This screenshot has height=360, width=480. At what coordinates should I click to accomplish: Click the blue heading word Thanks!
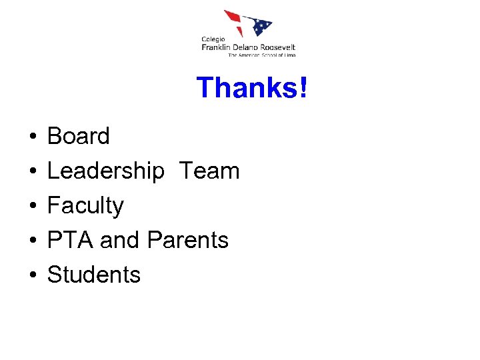click(253, 88)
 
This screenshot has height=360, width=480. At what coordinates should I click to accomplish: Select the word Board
click(79, 136)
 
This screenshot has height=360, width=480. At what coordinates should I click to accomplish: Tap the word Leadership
click(105, 171)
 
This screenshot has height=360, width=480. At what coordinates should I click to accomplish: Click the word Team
click(209, 171)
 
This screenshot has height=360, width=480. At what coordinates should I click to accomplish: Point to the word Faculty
click(85, 206)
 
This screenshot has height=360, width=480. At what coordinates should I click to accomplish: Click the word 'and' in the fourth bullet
click(121, 240)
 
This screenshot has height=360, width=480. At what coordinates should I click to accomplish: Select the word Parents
click(188, 240)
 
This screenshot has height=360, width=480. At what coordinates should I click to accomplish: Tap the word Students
click(94, 275)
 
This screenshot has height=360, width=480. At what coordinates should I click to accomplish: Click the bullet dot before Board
click(32, 137)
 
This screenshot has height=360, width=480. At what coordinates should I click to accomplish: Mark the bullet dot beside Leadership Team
click(32, 172)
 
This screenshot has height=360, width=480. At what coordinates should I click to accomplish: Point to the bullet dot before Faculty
click(32, 207)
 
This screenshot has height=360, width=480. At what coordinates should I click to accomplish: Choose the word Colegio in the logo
click(213, 39)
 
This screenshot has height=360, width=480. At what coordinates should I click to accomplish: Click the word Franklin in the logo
click(219, 47)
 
